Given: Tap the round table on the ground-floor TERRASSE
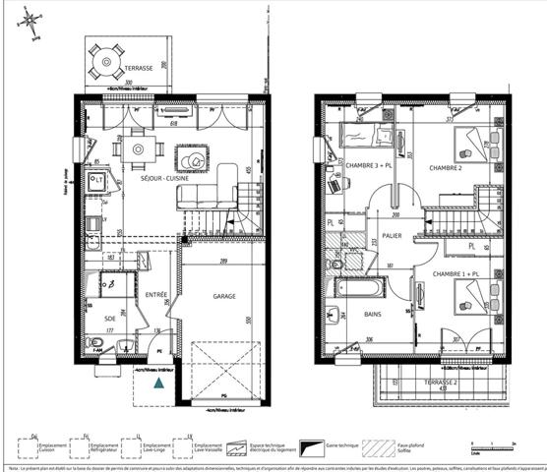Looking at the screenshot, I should coord(105,62).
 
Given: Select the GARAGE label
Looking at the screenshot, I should coord(224,294).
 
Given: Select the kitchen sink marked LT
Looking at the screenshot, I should coord(98,180).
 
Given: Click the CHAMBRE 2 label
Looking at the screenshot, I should coord(445,168).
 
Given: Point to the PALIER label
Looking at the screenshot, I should coord(393,236).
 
